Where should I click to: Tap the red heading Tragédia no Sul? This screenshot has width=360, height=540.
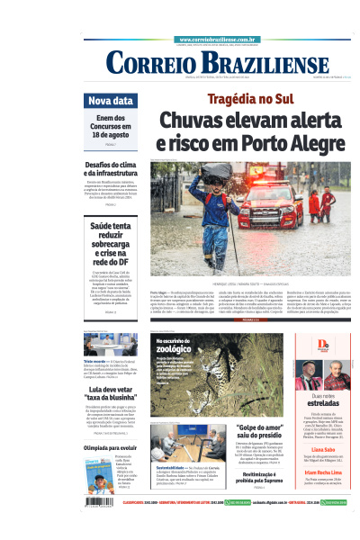pos(249,98)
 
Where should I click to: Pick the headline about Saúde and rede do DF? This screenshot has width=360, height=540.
pos(111,247)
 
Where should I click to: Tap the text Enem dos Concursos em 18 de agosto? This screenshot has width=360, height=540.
pos(111,129)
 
